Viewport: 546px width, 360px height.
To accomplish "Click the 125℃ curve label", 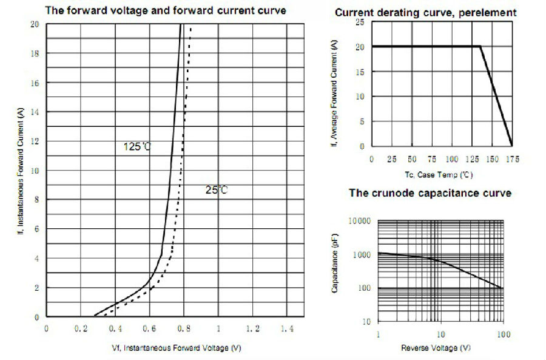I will click(137, 146).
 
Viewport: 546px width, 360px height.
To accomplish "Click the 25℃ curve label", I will click(216, 190).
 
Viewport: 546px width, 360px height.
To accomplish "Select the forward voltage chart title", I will click(166, 11).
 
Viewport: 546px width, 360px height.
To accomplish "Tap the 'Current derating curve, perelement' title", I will click(425, 12).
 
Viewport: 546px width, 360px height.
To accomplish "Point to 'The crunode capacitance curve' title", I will click(430, 193).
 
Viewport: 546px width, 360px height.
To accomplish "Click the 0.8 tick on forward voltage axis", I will click(184, 328).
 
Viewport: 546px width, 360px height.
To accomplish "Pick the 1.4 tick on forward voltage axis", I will click(287, 328).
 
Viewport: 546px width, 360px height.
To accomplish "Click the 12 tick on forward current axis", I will click(35, 141).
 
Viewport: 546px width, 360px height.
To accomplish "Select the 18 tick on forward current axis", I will click(35, 53).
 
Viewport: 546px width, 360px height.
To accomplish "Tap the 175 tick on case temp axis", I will click(512, 159).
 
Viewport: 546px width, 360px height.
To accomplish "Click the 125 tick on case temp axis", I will click(471, 159).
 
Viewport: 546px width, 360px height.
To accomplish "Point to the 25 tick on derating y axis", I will click(359, 22).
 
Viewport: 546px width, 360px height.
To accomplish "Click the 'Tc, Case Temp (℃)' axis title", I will click(439, 174).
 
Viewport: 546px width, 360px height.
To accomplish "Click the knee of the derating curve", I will click(480, 46).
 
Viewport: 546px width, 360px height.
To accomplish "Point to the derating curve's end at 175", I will click(512, 146).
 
